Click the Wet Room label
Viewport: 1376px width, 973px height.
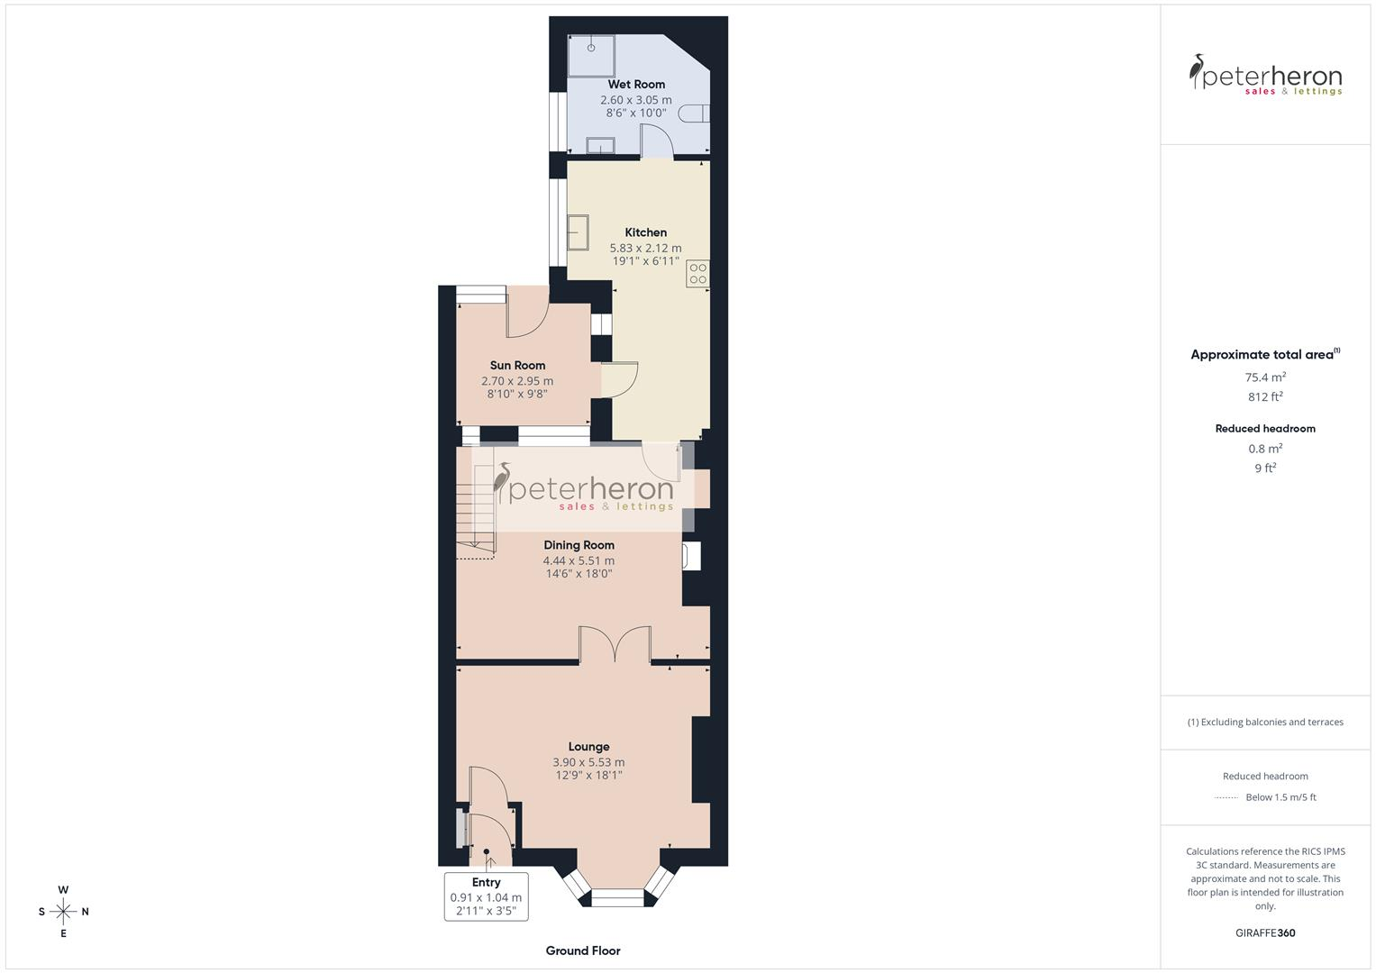click(636, 85)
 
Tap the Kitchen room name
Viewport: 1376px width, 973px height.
click(645, 232)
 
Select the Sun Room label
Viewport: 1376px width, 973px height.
click(517, 366)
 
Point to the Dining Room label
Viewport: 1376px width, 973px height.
click(579, 545)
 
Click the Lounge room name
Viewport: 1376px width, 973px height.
click(588, 747)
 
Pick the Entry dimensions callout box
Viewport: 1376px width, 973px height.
click(486, 896)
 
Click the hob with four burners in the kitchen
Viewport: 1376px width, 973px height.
click(698, 274)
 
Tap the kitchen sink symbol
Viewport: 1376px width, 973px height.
click(578, 232)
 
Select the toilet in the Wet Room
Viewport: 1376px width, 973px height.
click(696, 114)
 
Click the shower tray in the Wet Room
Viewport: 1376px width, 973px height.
click(592, 56)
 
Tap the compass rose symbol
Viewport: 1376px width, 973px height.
click(63, 912)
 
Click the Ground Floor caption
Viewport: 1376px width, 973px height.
click(583, 950)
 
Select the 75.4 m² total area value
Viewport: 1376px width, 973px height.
click(1265, 377)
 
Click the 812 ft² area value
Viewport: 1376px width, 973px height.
click(1265, 397)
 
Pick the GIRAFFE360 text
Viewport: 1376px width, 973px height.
click(1265, 933)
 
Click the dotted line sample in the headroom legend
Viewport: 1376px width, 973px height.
click(1226, 797)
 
